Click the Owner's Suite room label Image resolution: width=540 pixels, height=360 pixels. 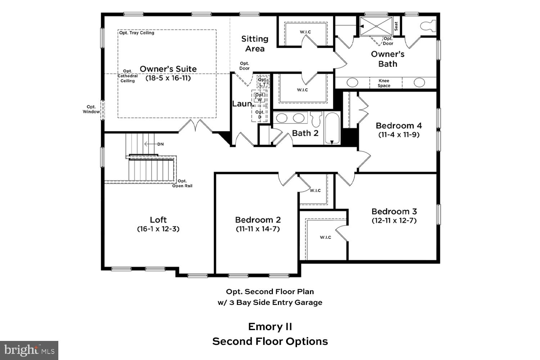click(168, 69)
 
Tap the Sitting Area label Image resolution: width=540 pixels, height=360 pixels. click(255, 44)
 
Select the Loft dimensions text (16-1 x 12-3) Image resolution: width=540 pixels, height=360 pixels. click(158, 229)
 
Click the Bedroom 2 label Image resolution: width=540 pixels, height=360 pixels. click(258, 220)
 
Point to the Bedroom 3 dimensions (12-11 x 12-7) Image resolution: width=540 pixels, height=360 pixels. click(394, 220)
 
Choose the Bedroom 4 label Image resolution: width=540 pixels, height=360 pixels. click(399, 126)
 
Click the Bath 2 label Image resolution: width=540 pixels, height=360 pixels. click(305, 133)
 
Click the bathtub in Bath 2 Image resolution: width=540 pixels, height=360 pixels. click(332, 128)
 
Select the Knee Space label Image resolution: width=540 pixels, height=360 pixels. click(384, 83)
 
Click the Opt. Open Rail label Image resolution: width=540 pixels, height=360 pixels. click(182, 183)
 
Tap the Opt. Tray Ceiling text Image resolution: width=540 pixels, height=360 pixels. click(137, 33)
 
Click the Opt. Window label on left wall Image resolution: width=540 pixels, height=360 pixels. click(91, 109)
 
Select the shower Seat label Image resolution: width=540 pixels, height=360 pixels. click(396, 26)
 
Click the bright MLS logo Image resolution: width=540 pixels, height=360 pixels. click(29, 350)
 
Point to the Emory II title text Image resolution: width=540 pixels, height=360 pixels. click(270, 327)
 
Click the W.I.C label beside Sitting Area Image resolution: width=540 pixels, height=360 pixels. click(305, 32)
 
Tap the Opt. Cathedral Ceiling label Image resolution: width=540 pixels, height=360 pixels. click(128, 76)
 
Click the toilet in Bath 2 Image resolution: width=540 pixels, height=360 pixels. click(316, 119)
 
